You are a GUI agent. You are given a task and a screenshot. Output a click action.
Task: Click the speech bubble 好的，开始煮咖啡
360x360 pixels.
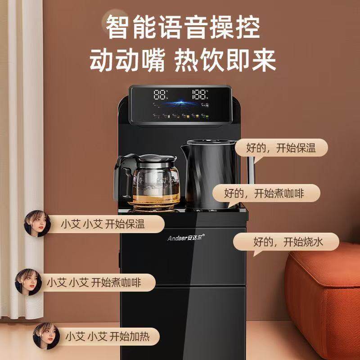point(265,193)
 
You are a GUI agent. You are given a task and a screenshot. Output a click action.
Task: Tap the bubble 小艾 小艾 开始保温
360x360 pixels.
point(103,224)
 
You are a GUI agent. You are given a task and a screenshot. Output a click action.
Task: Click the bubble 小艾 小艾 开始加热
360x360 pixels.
point(108,336)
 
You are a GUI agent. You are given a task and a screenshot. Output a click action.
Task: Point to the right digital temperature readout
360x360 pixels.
point(200,95)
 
